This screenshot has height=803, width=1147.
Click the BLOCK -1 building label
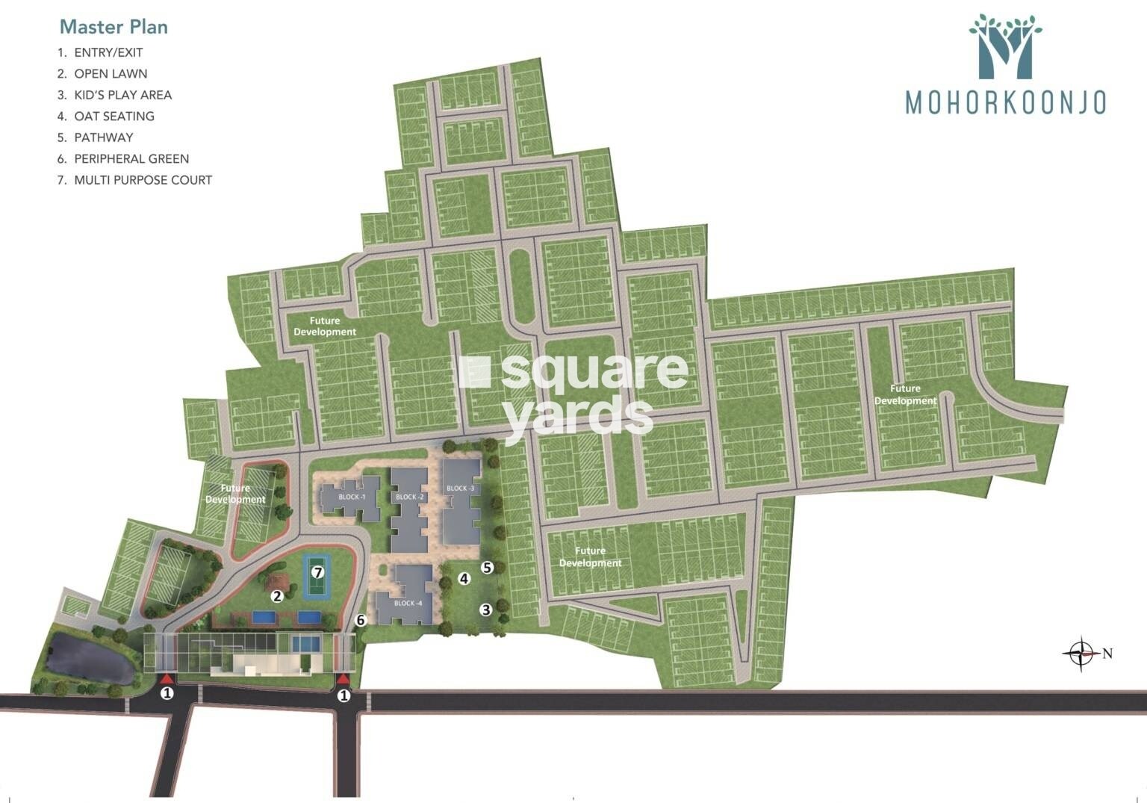(352, 497)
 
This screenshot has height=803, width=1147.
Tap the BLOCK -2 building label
(410, 497)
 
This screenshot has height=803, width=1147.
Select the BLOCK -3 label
(461, 489)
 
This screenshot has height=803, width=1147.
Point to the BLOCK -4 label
(404, 603)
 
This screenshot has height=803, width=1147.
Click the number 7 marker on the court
(318, 572)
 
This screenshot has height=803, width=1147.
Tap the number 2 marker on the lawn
(277, 595)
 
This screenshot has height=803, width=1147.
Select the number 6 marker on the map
(361, 620)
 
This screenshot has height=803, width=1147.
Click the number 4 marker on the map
(464, 578)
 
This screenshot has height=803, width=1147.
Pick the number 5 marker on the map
(487, 568)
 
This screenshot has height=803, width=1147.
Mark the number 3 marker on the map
(485, 610)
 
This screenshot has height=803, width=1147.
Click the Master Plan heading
(114, 27)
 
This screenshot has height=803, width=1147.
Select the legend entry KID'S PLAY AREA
(122, 95)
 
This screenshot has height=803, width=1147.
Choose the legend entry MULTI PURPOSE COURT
(143, 180)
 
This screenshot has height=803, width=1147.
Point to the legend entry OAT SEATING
(114, 117)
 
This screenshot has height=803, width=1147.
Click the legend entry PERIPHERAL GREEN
(131, 158)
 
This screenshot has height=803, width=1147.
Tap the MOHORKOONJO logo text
(1005, 103)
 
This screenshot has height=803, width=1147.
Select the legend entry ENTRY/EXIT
(108, 52)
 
